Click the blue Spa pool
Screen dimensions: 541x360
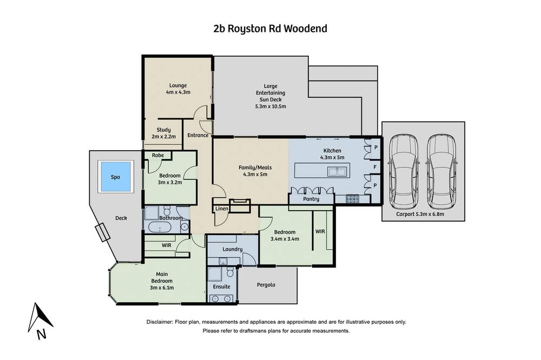tap(116, 177)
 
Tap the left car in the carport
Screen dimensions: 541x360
tap(404, 171)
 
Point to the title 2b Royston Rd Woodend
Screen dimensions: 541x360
tap(270, 28)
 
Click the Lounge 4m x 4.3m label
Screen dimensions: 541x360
tap(178, 89)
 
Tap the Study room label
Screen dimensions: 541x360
tap(163, 133)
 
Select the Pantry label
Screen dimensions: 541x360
tap(311, 199)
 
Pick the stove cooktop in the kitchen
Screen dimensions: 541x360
tap(352, 199)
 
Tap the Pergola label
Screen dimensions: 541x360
tap(266, 285)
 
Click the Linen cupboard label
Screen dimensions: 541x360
tap(222, 209)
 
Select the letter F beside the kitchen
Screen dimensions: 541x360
tap(375, 167)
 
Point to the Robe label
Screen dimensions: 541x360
tap(158, 155)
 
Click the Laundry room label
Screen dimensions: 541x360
tap(233, 249)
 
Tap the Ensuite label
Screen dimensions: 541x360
tap(221, 286)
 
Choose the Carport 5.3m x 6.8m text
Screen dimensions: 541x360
tap(420, 214)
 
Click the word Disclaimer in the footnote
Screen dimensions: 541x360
tap(160, 322)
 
